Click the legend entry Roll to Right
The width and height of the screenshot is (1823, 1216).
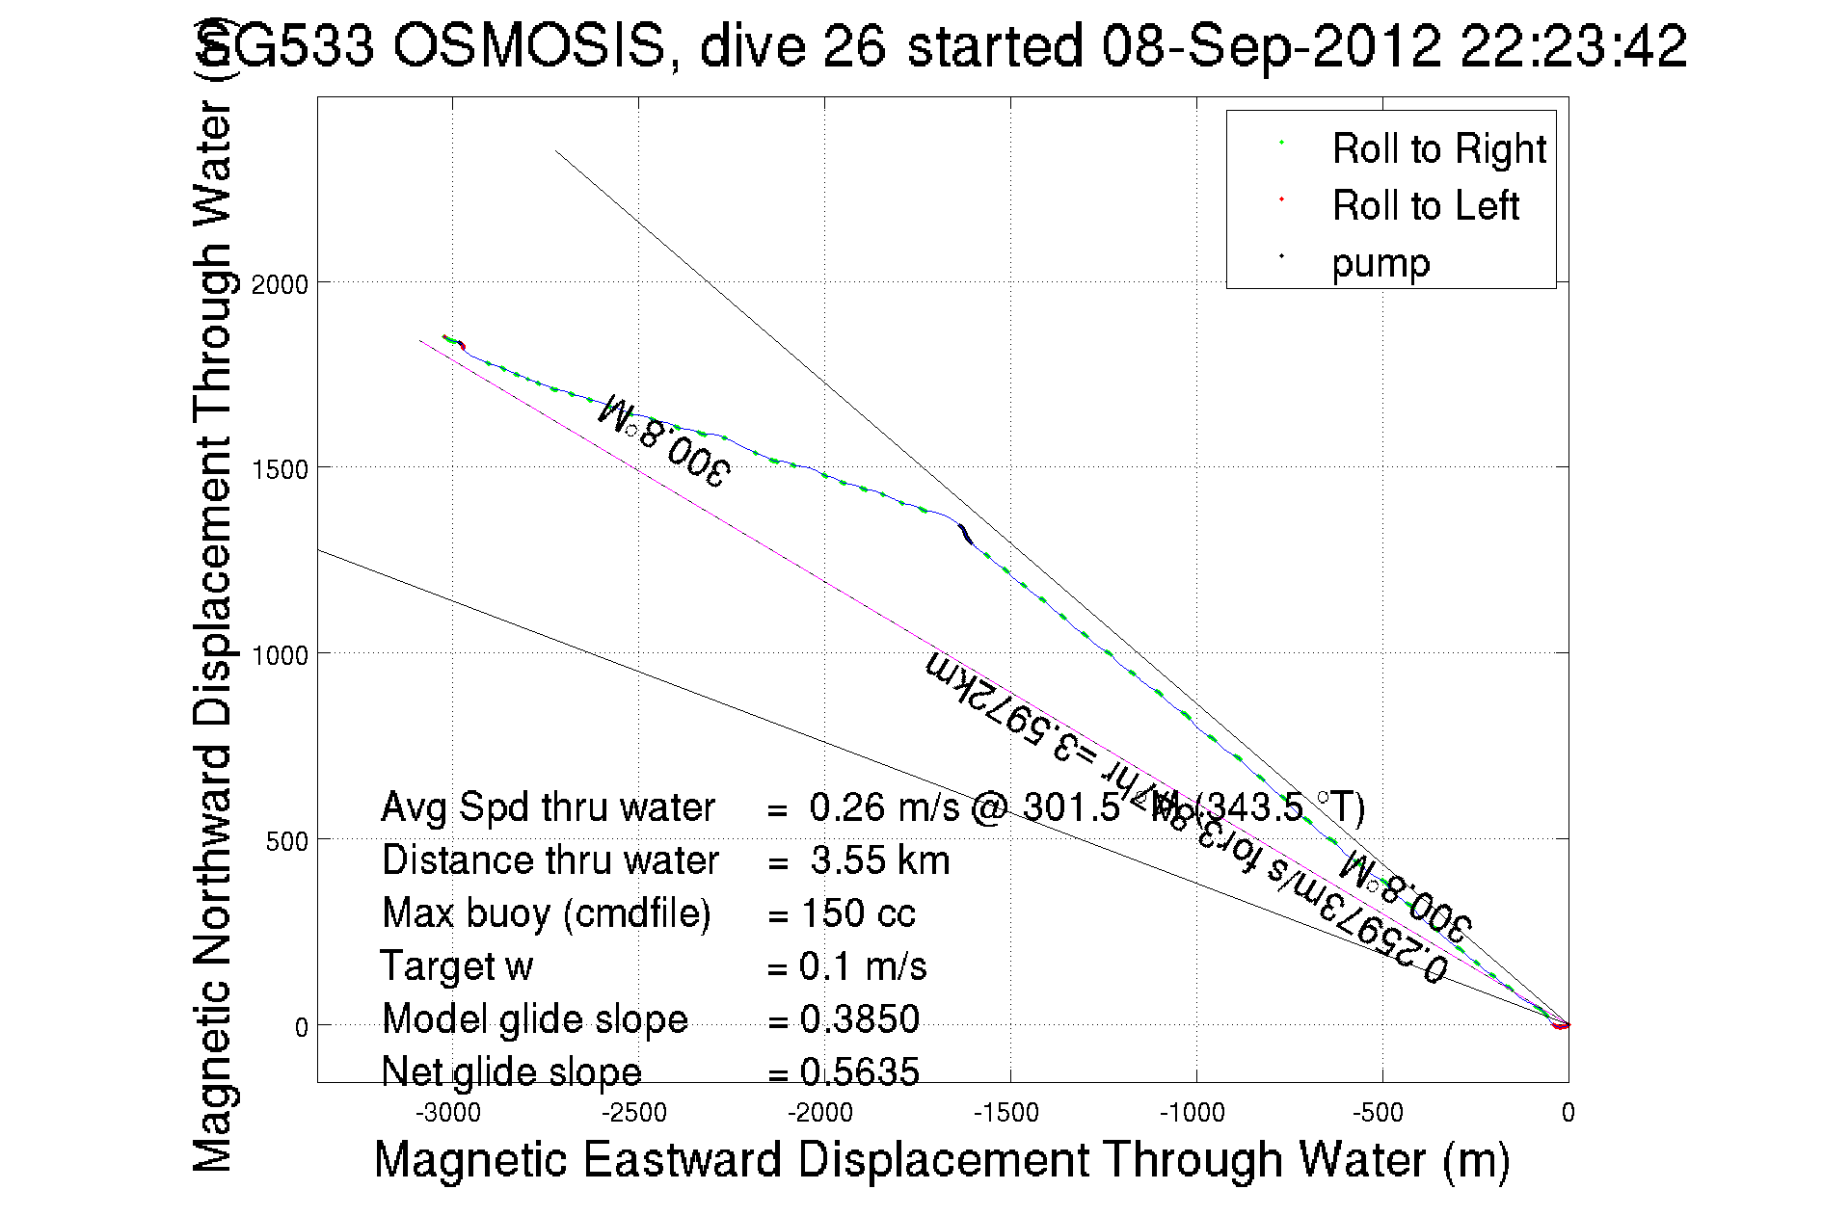pyautogui.click(x=1437, y=149)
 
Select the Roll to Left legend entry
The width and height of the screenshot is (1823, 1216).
pyautogui.click(x=1425, y=206)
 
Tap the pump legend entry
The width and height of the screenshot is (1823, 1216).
pyautogui.click(x=1381, y=263)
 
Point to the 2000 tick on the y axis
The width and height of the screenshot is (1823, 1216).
pyautogui.click(x=280, y=284)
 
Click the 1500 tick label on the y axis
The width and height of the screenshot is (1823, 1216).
pyautogui.click(x=280, y=470)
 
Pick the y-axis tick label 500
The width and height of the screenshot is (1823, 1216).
pyautogui.click(x=286, y=841)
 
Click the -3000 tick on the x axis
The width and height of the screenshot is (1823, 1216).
pyautogui.click(x=447, y=1113)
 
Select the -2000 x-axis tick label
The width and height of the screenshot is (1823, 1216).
pyautogui.click(x=819, y=1113)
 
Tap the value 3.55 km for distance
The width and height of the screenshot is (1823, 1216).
pyautogui.click(x=879, y=860)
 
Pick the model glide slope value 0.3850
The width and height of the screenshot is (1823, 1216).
pyautogui.click(x=859, y=1019)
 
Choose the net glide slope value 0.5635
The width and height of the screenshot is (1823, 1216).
pyautogui.click(x=859, y=1071)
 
